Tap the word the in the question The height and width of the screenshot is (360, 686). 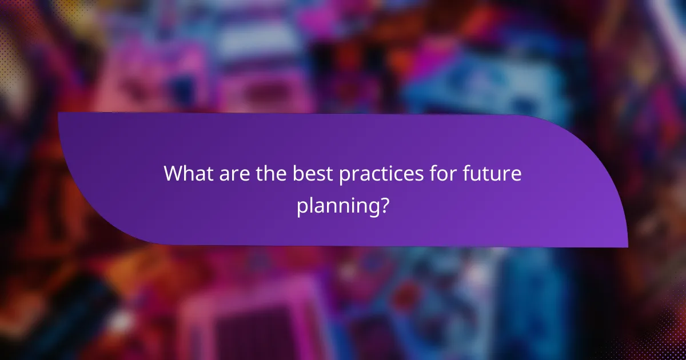click(271, 174)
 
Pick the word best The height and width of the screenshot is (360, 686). click(313, 174)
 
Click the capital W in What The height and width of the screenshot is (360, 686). click(174, 174)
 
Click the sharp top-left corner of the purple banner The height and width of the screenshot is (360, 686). click(59, 113)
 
